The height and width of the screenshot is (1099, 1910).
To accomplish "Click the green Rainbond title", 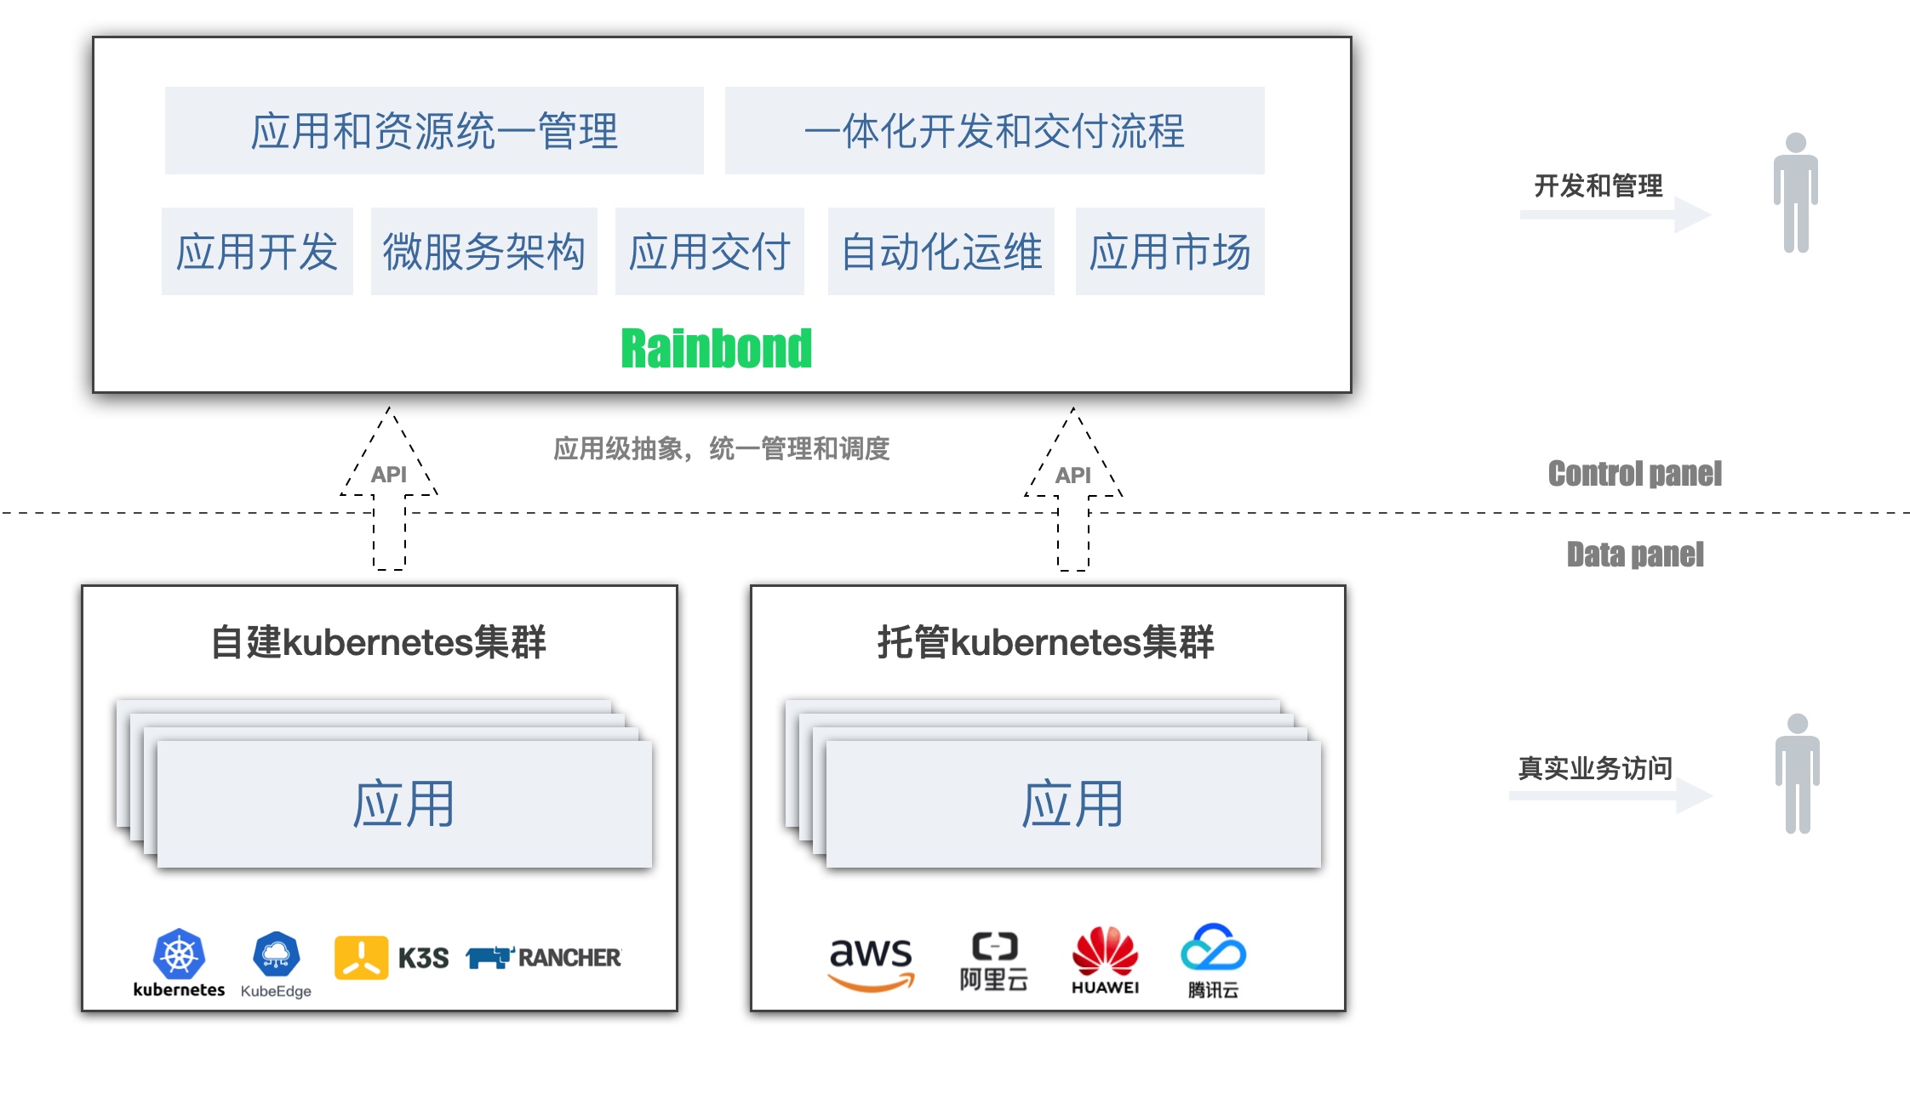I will (716, 349).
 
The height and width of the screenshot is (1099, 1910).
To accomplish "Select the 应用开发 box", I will (257, 252).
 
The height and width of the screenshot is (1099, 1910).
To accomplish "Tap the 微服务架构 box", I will (483, 252).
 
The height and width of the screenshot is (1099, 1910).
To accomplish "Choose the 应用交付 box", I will (709, 252).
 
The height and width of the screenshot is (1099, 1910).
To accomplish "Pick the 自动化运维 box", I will (941, 252).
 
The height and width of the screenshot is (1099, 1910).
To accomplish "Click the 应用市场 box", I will (1169, 252).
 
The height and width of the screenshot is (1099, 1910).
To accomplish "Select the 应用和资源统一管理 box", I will (434, 131).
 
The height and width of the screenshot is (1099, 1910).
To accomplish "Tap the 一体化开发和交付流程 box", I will (994, 131).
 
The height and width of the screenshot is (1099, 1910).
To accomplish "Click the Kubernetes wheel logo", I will (179, 954).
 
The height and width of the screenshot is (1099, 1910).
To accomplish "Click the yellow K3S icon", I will (361, 958).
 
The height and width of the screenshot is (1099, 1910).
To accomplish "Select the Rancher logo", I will (544, 958).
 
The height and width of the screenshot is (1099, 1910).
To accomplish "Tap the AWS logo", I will (870, 961).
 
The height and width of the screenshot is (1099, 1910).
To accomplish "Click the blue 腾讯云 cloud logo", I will (1213, 948).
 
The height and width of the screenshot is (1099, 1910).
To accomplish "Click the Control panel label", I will (1634, 474).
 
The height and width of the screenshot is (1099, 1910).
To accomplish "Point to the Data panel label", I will (1634, 555).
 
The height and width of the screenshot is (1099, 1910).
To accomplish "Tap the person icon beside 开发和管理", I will (1795, 193).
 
